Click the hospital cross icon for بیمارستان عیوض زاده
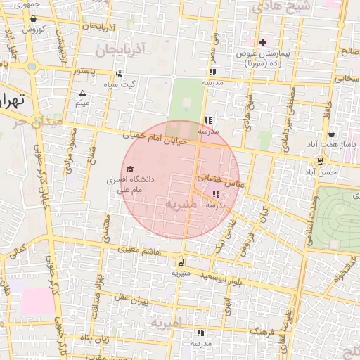pyautogui.click(x=263, y=42)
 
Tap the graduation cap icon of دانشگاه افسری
pyautogui.click(x=129, y=169)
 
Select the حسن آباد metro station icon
pyautogui.click(x=321, y=161)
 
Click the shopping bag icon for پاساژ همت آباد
pyautogui.click(x=331, y=134)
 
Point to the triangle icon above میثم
pyautogui.click(x=83, y=94)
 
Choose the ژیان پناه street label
pyautogui.click(x=96, y=341)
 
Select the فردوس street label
pyautogui.click(x=246, y=240)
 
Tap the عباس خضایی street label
pyautogui.click(x=219, y=180)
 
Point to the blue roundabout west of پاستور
pyautogui.click(x=32, y=67)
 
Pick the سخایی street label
pyautogui.click(x=345, y=79)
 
